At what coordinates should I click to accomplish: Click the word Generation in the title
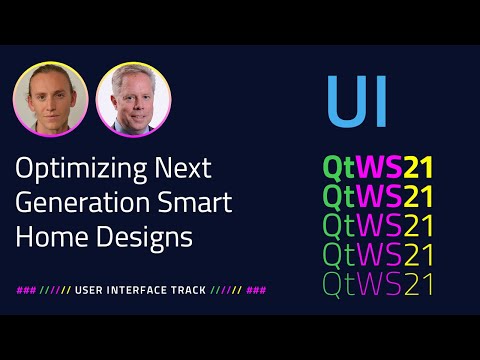tap(77, 203)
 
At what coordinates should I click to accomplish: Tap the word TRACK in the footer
tap(189, 290)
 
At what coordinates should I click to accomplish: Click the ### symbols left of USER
tap(26, 290)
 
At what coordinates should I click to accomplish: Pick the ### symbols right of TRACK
tap(256, 290)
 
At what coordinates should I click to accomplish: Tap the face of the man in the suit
tap(132, 95)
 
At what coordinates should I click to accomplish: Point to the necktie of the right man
tap(133, 127)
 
